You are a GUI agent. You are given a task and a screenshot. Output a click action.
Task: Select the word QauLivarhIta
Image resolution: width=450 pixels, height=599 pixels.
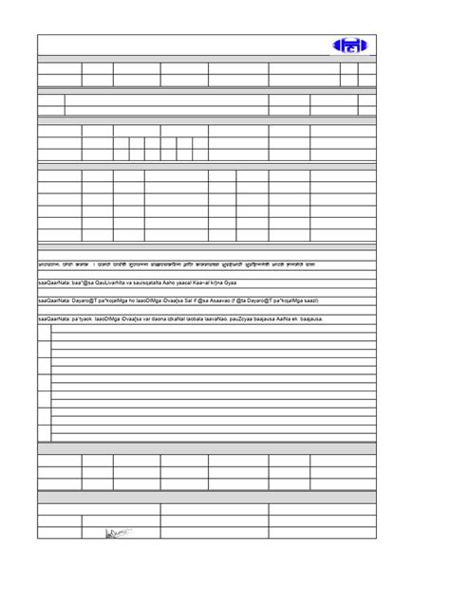113,281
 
